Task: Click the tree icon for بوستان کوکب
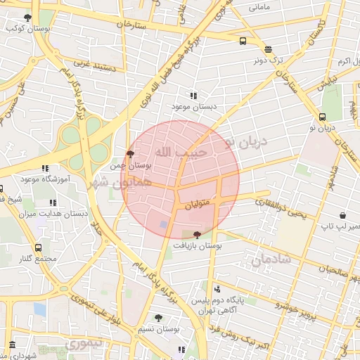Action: tap(27, 18)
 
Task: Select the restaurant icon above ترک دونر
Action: tap(268, 49)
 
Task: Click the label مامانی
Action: tap(259, 7)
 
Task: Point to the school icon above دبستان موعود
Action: tap(193, 96)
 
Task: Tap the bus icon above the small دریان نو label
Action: tap(322, 117)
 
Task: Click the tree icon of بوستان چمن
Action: tap(130, 153)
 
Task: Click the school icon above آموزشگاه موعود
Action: tap(45, 169)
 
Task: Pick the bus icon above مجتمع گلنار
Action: tap(38, 247)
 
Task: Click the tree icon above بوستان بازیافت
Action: tap(196, 236)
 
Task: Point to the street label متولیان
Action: tap(198, 206)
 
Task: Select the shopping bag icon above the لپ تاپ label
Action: tap(342, 214)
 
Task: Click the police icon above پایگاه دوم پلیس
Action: tap(217, 288)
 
